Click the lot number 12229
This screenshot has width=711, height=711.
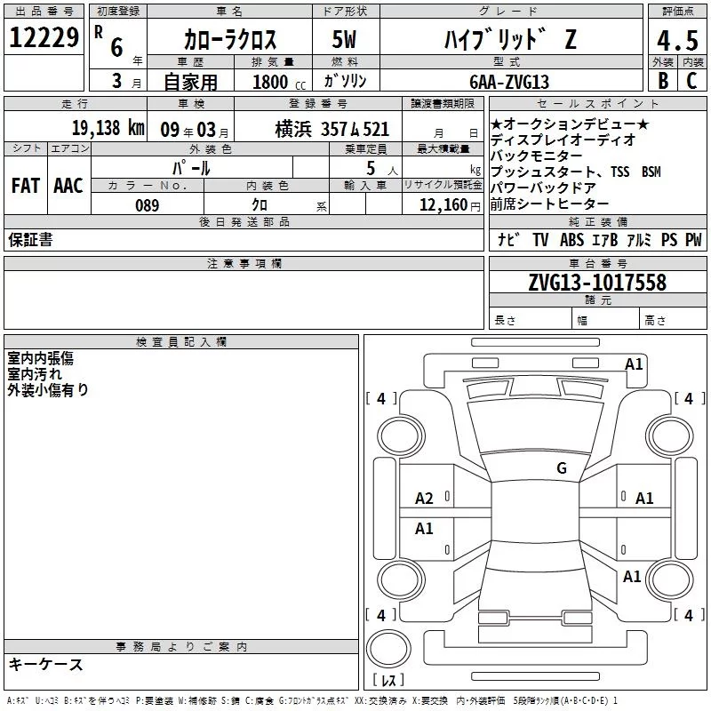(44, 37)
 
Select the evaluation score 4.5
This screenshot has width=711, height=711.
(677, 41)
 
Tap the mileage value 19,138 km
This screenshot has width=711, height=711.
(108, 128)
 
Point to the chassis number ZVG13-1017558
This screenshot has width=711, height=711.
(597, 282)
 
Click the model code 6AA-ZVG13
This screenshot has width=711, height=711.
(509, 82)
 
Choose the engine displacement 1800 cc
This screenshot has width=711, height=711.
(279, 82)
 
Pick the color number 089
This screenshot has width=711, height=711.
(148, 205)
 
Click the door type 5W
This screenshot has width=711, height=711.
(345, 39)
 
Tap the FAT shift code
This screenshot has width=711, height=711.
(26, 186)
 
